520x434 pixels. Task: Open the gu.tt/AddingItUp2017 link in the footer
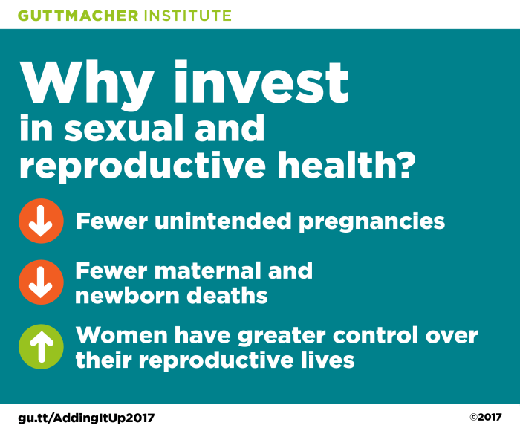click(86, 418)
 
